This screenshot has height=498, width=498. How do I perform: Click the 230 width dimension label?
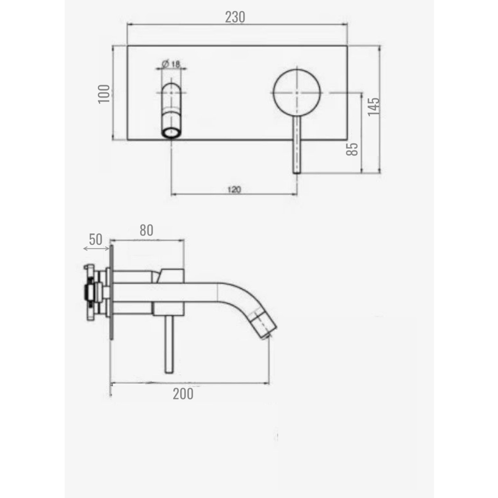coord(235,17)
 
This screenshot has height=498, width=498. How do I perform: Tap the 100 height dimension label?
coord(104,94)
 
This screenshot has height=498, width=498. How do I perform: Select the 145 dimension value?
coord(374,107)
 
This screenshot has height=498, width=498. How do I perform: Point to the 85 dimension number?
coord(352,149)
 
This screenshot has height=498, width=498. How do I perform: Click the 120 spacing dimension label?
coord(234,190)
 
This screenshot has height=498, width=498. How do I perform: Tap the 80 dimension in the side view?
coord(147,230)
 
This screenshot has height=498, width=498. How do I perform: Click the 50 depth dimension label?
coord(95,239)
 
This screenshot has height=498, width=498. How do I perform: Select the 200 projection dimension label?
coord(183,394)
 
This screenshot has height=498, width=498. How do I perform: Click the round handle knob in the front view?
coord(297,92)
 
